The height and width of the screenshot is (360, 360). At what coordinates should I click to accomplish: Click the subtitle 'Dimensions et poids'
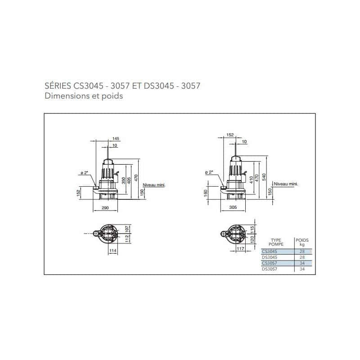tap(84, 96)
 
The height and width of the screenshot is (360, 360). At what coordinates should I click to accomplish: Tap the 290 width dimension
tap(104, 208)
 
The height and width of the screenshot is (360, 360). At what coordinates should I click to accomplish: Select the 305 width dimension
tap(233, 208)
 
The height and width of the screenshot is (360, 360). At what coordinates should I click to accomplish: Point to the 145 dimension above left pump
tap(117, 138)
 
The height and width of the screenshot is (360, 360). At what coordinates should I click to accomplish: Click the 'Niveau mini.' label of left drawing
tap(152, 185)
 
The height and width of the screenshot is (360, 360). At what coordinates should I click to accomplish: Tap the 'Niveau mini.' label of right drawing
tap(286, 184)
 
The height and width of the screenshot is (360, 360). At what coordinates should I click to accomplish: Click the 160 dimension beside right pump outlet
tap(206, 192)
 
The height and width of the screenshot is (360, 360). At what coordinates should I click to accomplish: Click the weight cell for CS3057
tap(302, 263)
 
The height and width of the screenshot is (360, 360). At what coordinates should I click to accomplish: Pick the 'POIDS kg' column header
tap(302, 243)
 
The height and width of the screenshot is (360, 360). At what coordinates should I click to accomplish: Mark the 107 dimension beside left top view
tap(127, 228)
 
